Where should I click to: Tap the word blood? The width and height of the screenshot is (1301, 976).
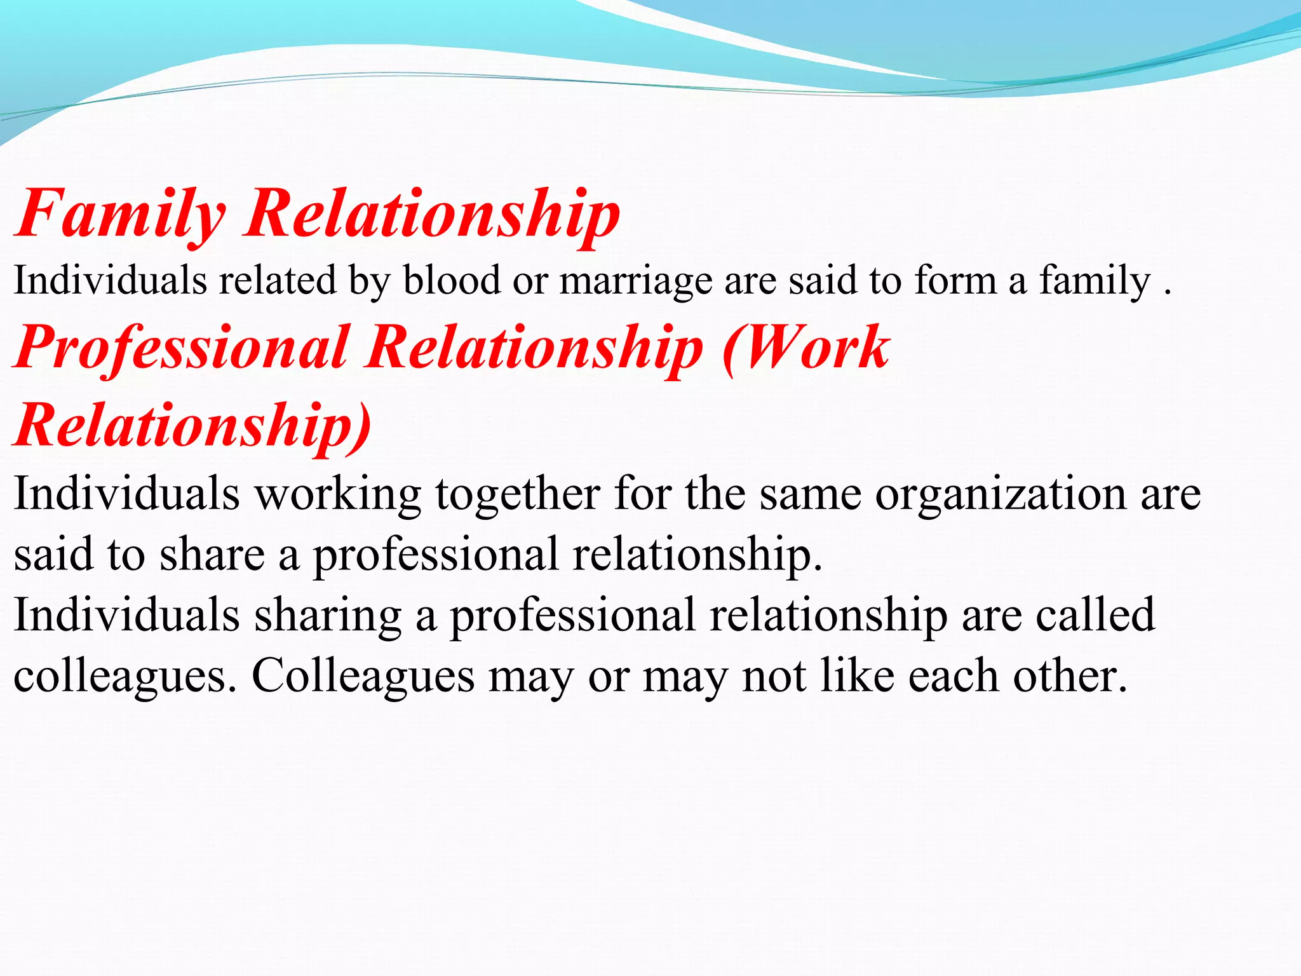coord(452,280)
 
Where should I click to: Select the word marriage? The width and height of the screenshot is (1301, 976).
coord(635,281)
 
